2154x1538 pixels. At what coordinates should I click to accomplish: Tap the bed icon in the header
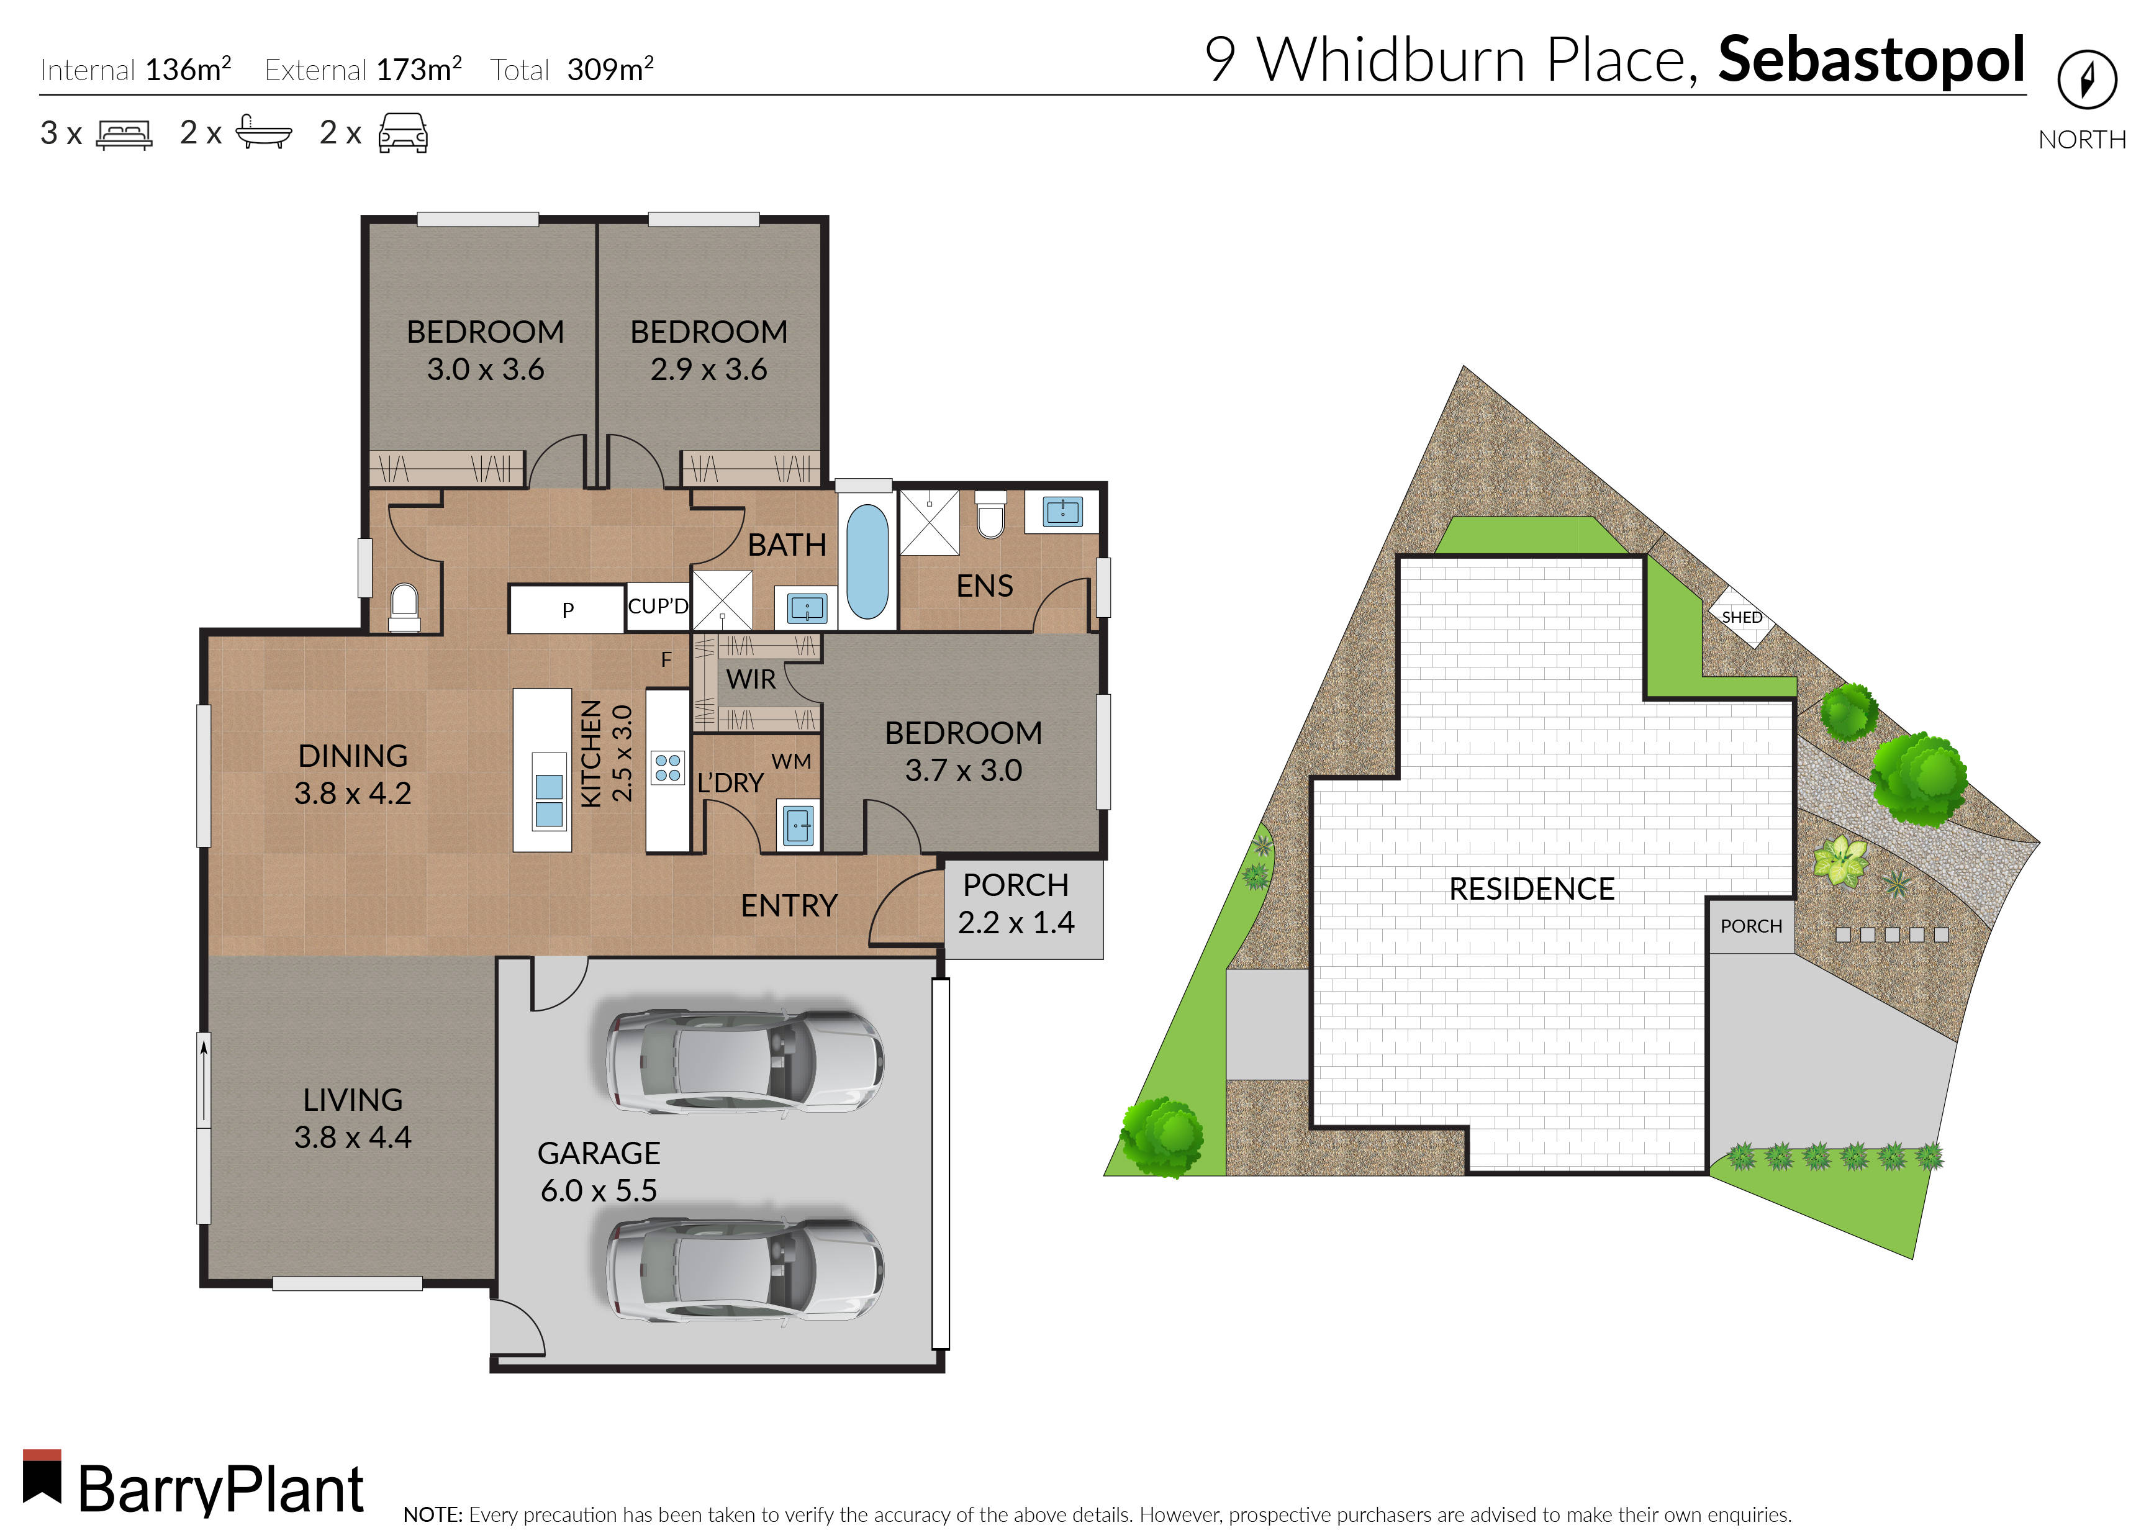click(x=124, y=133)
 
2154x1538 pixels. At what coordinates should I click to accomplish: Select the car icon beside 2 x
click(x=402, y=133)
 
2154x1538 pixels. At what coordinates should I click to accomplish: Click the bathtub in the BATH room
click(x=866, y=561)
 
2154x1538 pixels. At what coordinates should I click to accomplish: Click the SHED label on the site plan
click(x=1741, y=617)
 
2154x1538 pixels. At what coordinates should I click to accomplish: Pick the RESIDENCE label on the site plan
click(x=1531, y=889)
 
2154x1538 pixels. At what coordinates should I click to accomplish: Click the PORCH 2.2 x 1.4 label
click(x=1016, y=903)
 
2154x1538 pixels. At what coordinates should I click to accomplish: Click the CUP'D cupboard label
click(x=658, y=606)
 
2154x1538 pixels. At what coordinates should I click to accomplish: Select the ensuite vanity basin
click(x=1062, y=512)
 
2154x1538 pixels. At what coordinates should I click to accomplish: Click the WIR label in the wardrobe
click(x=750, y=679)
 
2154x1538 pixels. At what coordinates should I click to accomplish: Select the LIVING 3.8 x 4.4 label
click(x=352, y=1118)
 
